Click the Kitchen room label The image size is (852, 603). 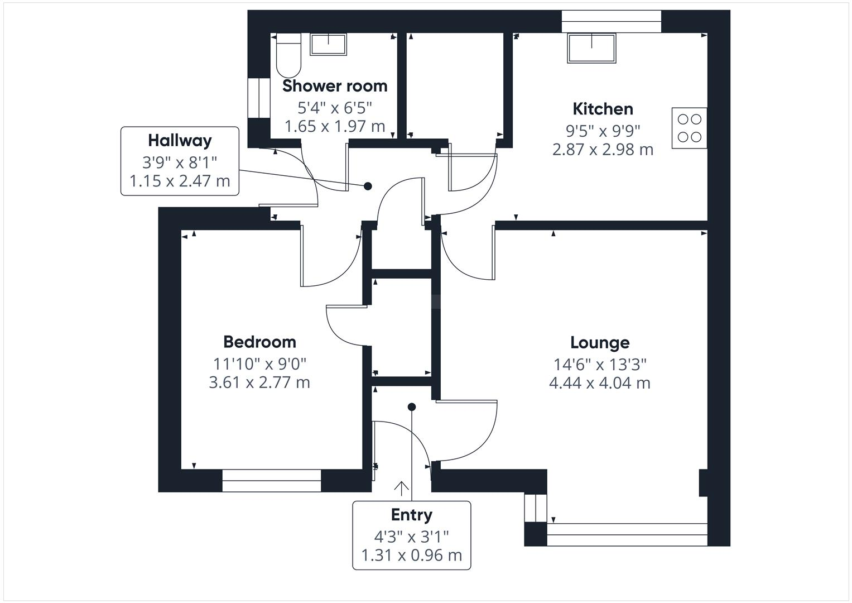603,108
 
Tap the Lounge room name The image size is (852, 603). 600,342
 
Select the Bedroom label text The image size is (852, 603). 259,342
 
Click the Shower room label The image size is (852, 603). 335,86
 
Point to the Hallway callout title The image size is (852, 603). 180,140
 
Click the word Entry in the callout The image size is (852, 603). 411,515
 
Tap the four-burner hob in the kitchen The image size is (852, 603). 689,128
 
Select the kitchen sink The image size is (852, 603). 591,48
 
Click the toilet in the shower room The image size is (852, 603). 288,56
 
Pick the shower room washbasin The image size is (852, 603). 328,44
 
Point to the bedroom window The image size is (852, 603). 272,481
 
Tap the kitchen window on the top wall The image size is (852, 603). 611,21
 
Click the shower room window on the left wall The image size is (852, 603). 258,98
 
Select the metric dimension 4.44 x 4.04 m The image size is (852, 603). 600,383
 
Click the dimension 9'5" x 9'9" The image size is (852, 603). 603,131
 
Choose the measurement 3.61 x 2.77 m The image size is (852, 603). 259,382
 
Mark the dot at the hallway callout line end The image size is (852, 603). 368,186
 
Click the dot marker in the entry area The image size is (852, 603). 412,407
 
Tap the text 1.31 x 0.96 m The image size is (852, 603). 411,556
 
